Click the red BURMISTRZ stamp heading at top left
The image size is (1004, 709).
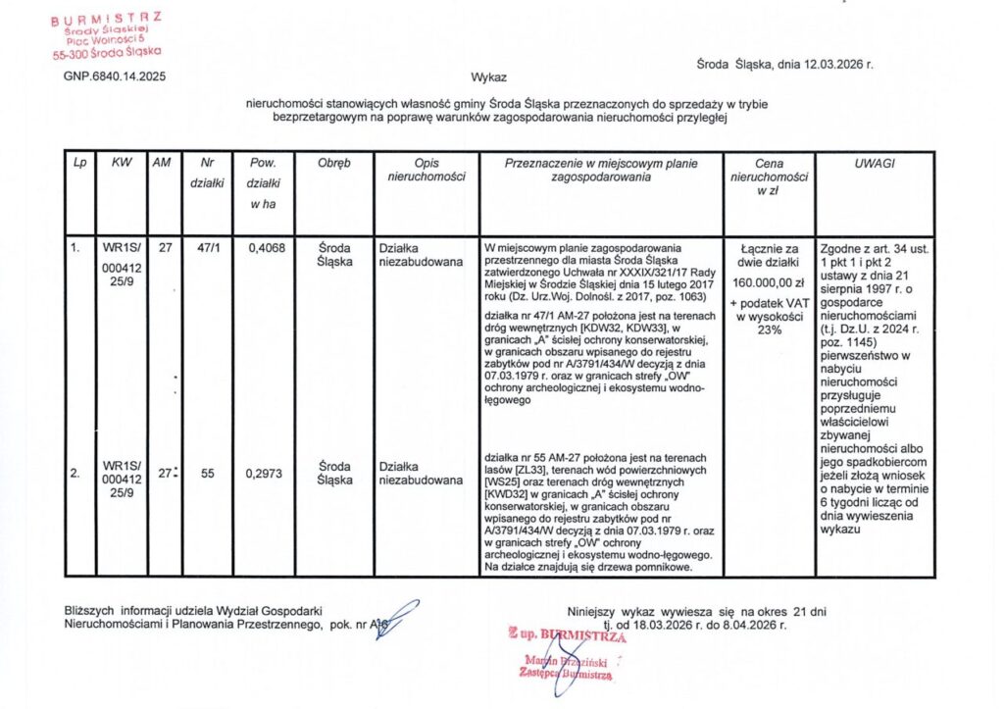[x=108, y=17]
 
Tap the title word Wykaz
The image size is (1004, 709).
[x=488, y=76]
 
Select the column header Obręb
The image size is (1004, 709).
[x=334, y=164]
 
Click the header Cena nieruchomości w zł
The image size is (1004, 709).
[x=770, y=177]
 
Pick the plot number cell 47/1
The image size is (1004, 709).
[x=208, y=248]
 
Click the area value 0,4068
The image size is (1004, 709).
[x=266, y=248]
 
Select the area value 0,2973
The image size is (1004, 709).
[x=266, y=473]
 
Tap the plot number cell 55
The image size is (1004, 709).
[x=208, y=473]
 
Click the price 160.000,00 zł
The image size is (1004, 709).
[x=770, y=282]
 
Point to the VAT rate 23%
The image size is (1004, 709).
[x=770, y=330]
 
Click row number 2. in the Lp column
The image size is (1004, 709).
[x=75, y=473]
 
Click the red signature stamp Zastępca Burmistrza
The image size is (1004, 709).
[x=568, y=674]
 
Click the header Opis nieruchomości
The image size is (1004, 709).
[x=427, y=171]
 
